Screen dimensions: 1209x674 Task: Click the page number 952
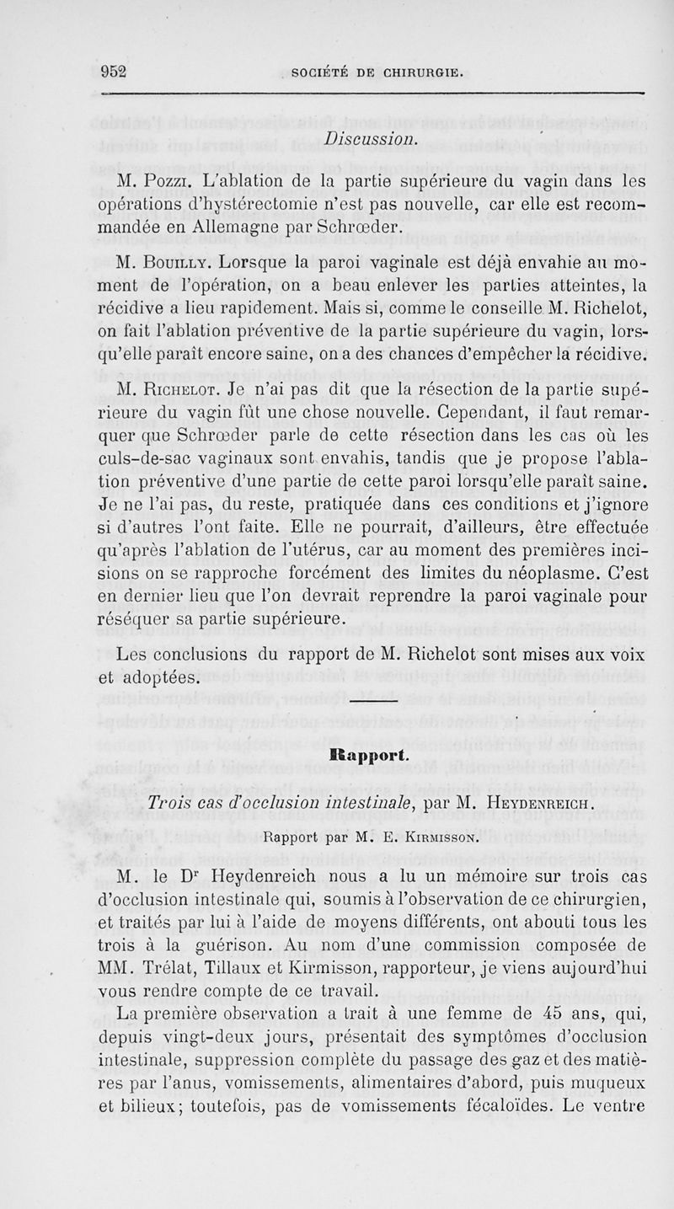tap(113, 72)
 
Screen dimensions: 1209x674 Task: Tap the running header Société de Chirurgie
tap(376, 72)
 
